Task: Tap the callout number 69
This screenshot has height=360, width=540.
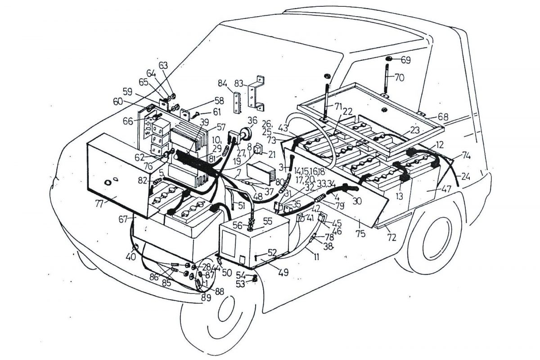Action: coord(405,59)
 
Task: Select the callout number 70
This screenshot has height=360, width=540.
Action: coord(399,77)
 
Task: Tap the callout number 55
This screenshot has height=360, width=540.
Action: coord(268,221)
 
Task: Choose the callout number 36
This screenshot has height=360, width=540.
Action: coord(252,120)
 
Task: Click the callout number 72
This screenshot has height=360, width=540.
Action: coord(391,237)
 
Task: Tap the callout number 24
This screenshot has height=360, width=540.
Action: coord(464,176)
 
